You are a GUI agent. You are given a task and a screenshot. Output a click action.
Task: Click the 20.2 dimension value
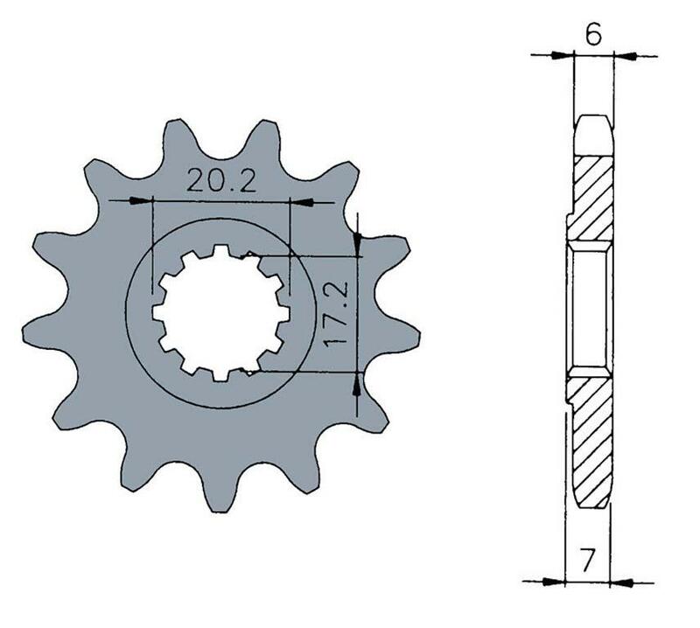click(220, 182)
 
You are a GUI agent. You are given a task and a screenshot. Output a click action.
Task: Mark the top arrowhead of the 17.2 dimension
click(357, 246)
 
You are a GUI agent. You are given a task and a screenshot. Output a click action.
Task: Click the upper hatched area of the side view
click(592, 197)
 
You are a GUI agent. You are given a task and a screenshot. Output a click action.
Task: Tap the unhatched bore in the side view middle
click(587, 311)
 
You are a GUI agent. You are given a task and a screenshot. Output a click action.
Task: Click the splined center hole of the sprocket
click(222, 312)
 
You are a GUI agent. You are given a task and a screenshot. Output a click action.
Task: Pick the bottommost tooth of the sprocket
click(217, 494)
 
